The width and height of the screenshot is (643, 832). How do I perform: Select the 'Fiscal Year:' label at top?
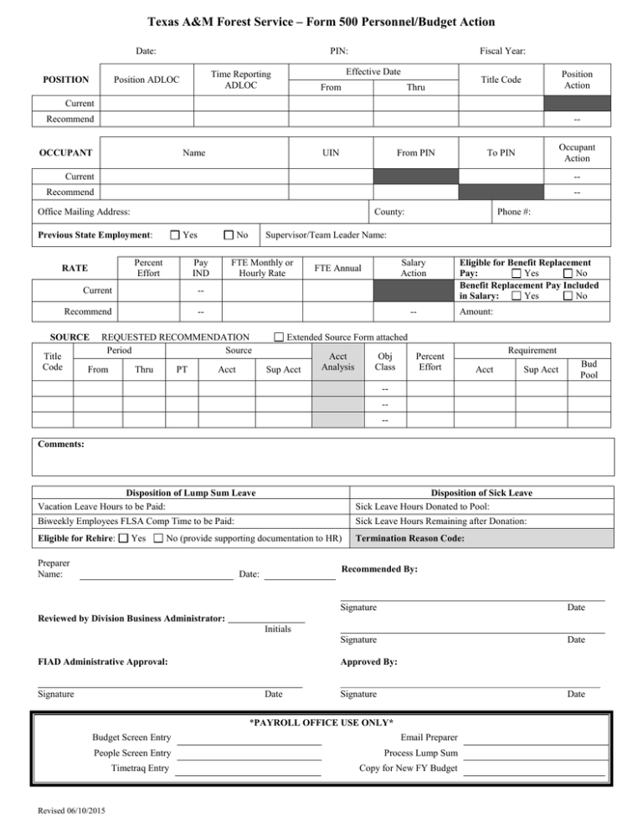[503, 51]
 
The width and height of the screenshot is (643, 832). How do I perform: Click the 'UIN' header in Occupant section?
[330, 154]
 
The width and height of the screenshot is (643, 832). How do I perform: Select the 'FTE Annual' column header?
[337, 269]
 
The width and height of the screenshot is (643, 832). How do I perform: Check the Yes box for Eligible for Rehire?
[123, 538]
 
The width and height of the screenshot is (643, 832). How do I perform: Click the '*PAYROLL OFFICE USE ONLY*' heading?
[322, 722]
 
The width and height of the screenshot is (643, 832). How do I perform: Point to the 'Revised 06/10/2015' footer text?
[70, 810]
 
